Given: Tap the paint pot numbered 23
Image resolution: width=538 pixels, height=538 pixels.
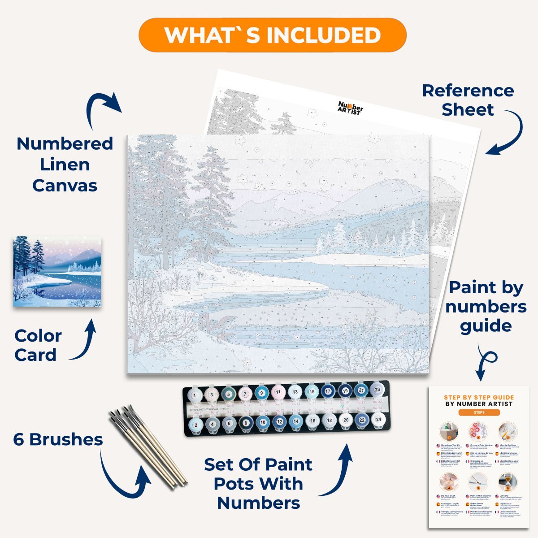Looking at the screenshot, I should click(377, 390).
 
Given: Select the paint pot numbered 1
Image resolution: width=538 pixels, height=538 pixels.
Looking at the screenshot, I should click(195, 395).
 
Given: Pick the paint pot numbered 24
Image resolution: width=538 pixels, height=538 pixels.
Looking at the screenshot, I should click(378, 420).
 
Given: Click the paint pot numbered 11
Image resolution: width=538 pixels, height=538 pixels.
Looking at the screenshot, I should click(278, 392).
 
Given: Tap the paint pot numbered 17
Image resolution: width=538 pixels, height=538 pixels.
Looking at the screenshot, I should click(328, 391).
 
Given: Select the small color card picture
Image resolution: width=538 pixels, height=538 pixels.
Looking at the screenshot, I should click(57, 272).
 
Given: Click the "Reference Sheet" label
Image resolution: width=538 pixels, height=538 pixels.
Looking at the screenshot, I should click(468, 100).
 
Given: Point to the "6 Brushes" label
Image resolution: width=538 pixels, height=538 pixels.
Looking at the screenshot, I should click(58, 439).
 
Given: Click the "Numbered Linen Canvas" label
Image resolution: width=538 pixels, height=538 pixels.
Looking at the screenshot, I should click(65, 164).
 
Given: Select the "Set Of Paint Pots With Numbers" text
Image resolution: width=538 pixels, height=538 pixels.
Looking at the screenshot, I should click(258, 484).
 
